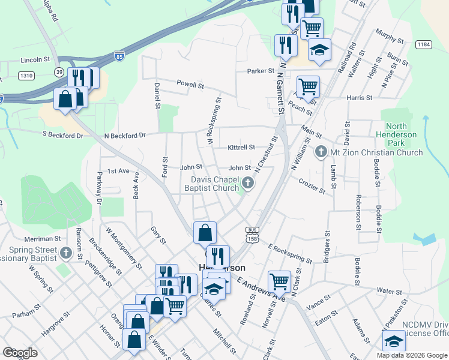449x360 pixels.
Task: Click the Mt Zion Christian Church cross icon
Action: click(x=321, y=152)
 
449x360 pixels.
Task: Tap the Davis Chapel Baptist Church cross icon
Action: click(x=247, y=183)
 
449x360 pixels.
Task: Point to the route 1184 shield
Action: click(x=424, y=44)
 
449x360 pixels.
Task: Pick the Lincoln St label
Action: click(x=35, y=60)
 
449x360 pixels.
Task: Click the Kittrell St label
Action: click(x=241, y=147)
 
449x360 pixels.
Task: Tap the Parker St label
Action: click(x=261, y=71)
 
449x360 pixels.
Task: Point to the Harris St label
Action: click(x=360, y=97)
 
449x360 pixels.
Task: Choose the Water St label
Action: click(x=390, y=291)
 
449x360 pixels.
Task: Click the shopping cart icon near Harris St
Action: click(x=308, y=86)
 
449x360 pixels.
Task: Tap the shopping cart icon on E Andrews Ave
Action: click(x=279, y=281)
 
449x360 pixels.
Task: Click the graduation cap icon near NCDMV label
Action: click(x=394, y=341)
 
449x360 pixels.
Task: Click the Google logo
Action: click(x=20, y=353)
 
